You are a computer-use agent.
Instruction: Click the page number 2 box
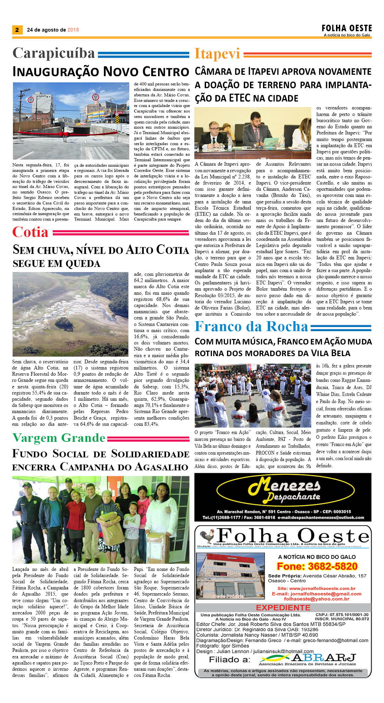(x=17, y=30)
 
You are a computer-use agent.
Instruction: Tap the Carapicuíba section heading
(x=54, y=54)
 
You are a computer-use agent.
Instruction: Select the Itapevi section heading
(x=217, y=54)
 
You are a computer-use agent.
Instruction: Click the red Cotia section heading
(x=31, y=232)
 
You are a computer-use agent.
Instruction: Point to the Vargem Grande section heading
(x=59, y=438)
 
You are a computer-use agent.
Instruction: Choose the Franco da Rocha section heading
(x=251, y=327)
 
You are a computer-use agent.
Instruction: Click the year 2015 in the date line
(x=73, y=30)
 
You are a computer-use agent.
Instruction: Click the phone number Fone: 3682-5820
(x=317, y=566)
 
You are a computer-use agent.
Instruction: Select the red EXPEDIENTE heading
(x=283, y=607)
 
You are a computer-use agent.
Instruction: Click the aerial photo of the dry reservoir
(x=70, y=314)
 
